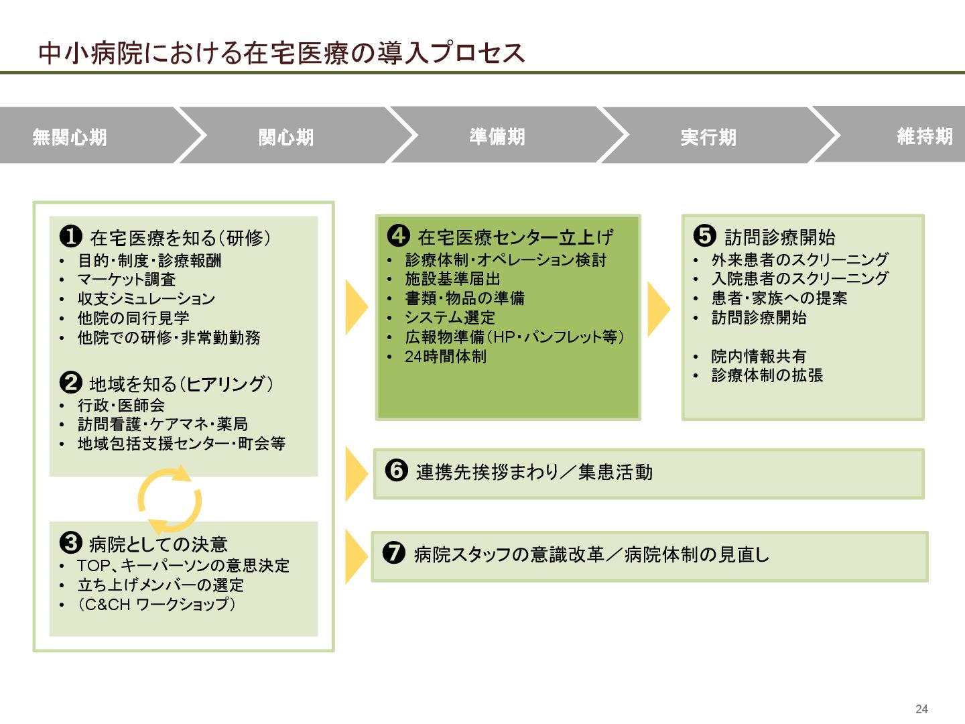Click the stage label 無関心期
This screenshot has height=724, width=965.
pyautogui.click(x=70, y=137)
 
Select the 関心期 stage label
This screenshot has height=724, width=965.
pyautogui.click(x=286, y=137)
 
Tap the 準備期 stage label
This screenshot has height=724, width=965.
pyautogui.click(x=497, y=137)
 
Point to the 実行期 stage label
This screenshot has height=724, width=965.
pyautogui.click(x=708, y=137)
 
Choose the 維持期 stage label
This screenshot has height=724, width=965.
pyautogui.click(x=925, y=137)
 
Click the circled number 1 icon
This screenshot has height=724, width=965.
pyautogui.click(x=71, y=236)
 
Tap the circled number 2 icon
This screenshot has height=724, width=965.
pyautogui.click(x=71, y=382)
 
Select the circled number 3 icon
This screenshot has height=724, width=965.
pyautogui.click(x=71, y=542)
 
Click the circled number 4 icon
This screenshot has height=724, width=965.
pyautogui.click(x=399, y=235)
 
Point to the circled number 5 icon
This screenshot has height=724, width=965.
pyautogui.click(x=705, y=235)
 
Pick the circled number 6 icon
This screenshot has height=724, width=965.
pyautogui.click(x=397, y=470)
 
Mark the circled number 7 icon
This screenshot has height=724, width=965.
pyautogui.click(x=394, y=553)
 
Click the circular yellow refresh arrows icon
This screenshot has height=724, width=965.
pyautogui.click(x=170, y=500)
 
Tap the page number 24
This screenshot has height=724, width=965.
pyautogui.click(x=921, y=709)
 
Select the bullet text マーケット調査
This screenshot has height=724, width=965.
pyautogui.click(x=127, y=280)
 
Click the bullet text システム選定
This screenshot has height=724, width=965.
pyautogui.click(x=450, y=318)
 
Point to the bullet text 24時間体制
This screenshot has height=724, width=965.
pyautogui.click(x=446, y=357)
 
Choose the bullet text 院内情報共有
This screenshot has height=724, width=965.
pyautogui.click(x=759, y=357)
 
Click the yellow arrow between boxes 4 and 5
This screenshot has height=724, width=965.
pyautogui.click(x=658, y=308)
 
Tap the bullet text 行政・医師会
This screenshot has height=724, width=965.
pyautogui.click(x=121, y=405)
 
